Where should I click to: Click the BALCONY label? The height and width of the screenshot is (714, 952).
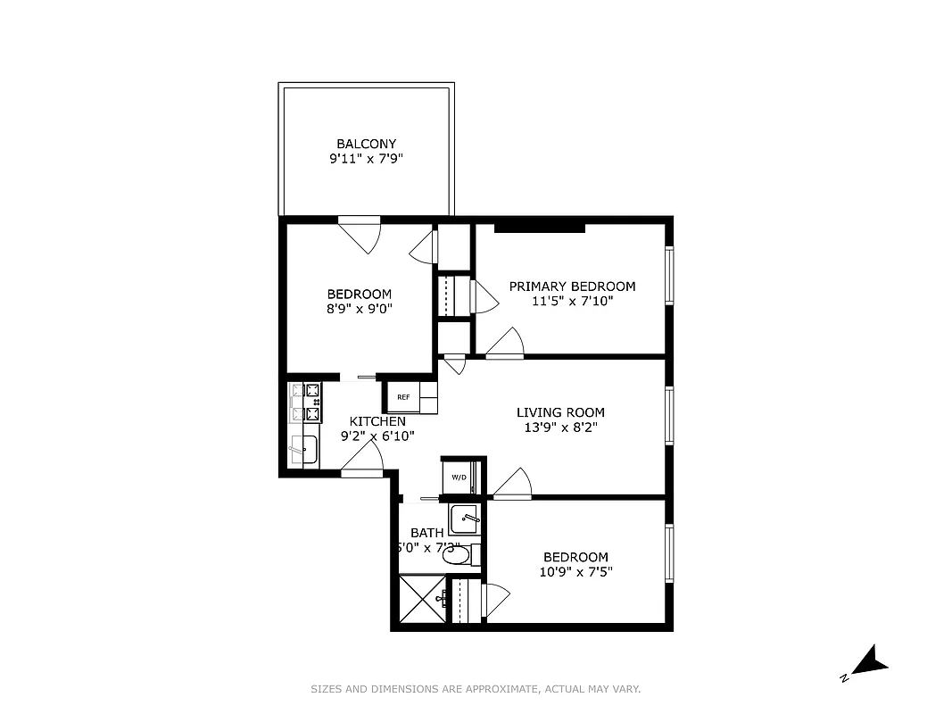coord(366,144)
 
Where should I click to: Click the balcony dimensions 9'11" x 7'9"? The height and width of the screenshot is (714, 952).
coord(366,160)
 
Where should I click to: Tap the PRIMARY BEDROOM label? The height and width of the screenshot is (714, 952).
coord(572,286)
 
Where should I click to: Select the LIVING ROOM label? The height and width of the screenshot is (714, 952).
coord(560,412)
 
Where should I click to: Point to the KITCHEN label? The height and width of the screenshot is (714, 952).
coord(377,421)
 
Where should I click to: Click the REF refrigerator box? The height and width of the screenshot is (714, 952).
coord(403,397)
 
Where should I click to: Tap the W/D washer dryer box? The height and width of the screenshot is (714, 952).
coord(459,477)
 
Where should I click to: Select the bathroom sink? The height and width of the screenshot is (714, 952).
coord(463,518)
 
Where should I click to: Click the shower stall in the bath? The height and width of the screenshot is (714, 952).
coord(420,600)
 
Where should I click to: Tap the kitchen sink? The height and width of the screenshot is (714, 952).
coord(304,450)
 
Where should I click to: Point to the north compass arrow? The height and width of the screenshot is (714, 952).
coord(866,662)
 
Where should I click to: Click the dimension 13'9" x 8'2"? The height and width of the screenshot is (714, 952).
coord(560,428)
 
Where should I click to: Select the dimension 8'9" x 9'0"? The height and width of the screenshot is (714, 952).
coord(360,309)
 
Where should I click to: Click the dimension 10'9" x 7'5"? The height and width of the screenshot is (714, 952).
coord(575,572)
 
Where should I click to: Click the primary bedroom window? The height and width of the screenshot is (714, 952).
coord(669,277)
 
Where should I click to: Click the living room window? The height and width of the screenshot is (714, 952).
coord(669,416)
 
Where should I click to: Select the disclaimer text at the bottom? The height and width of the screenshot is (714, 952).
coord(476,689)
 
